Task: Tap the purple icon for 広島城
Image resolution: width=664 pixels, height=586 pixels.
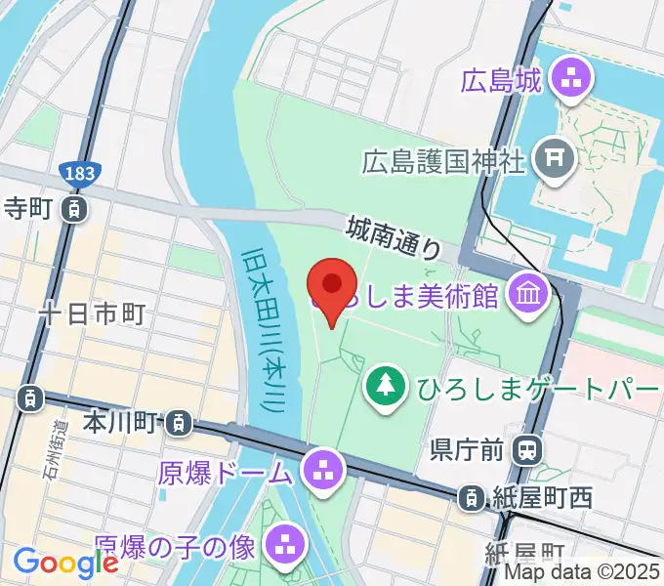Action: point(569,80)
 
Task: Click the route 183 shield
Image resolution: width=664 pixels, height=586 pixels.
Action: point(78,174)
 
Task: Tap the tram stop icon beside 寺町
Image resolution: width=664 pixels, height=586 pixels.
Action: point(72,207)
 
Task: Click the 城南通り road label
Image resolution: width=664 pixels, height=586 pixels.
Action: point(393,237)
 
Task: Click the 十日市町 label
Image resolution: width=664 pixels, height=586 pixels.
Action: point(93,313)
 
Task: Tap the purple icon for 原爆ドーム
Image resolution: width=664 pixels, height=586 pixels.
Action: point(322,473)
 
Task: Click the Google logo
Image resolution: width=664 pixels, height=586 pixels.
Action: point(64,563)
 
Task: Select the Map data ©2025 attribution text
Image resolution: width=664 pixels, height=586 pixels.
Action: point(582,573)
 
